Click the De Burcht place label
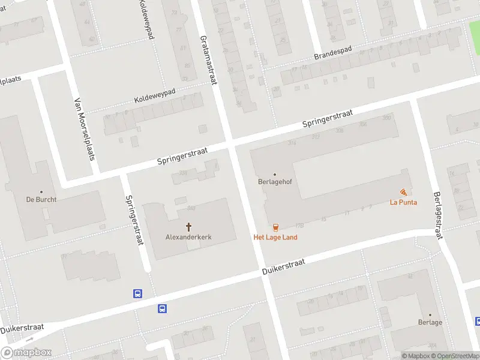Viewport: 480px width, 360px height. pos(41,199)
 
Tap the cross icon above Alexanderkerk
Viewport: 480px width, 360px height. pos(189,227)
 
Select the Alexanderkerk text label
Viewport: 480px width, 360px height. pos(188,237)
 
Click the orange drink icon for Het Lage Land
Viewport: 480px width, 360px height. pos(275,227)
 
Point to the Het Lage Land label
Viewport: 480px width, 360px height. pos(275,237)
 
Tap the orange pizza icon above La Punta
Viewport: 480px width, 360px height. pos(403,192)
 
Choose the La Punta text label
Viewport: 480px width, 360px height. pos(403,202)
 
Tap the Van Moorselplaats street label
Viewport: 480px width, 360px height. pos(85,132)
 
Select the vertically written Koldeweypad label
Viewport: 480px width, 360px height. pos(147,20)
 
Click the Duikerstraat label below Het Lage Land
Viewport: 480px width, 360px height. pos(284,268)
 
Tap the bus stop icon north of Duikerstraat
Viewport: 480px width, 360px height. pos(137,293)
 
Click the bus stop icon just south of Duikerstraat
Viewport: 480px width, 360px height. pos(162,308)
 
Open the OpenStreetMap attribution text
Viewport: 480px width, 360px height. pos(453,356)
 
